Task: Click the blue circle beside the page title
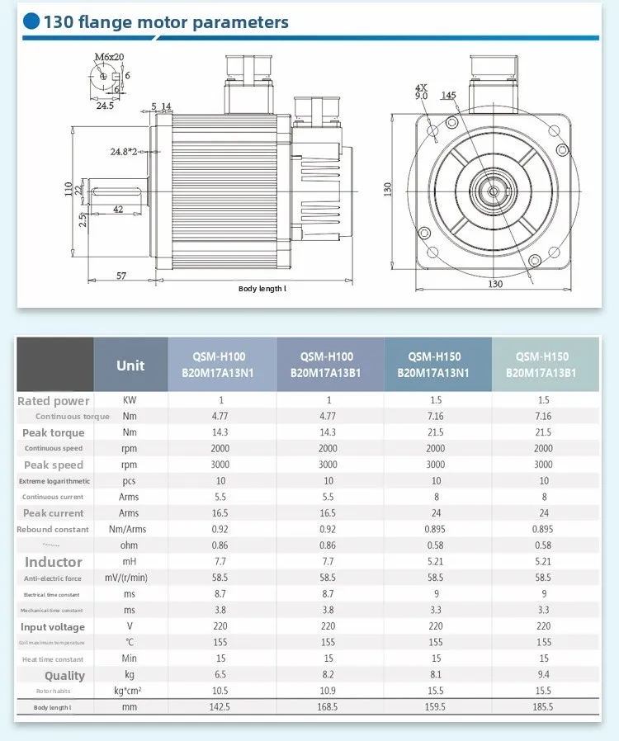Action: [x=31, y=21]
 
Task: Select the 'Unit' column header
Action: [x=130, y=366]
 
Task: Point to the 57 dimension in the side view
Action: [x=121, y=276]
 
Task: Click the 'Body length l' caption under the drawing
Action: [x=262, y=289]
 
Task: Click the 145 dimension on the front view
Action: [x=448, y=96]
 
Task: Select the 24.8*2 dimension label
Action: [x=124, y=152]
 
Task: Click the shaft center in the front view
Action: [x=493, y=191]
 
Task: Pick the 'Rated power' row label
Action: [x=54, y=401]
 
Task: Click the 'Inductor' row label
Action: [x=54, y=562]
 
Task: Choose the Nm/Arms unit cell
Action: [x=128, y=529]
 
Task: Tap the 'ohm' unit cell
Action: [x=129, y=545]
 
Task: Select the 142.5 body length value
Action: [x=221, y=707]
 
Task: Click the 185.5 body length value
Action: [x=543, y=707]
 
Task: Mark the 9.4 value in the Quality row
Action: [x=543, y=675]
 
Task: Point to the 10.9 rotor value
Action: [x=328, y=691]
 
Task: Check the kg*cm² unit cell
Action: [x=129, y=691]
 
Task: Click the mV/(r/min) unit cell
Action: [x=129, y=578]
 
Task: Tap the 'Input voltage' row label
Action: [x=54, y=627]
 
